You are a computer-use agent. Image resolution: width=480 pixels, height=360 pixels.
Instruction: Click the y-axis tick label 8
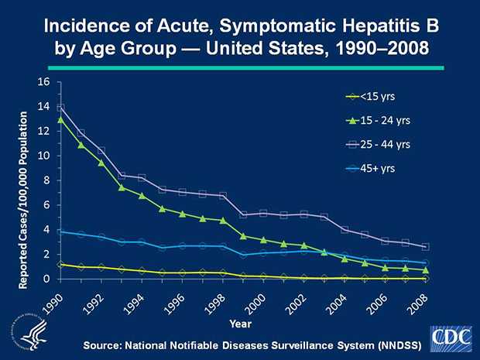tap(46, 180)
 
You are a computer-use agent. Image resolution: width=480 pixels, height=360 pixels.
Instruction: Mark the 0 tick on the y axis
tap(46, 279)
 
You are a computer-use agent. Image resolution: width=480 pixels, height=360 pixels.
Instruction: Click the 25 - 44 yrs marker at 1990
tap(61, 108)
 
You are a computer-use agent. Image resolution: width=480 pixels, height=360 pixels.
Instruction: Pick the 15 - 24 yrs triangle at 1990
tap(61, 119)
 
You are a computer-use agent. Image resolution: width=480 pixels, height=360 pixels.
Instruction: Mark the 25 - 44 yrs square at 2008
tap(426, 246)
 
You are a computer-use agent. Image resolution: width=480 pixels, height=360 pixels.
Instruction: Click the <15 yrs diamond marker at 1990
tap(61, 265)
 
